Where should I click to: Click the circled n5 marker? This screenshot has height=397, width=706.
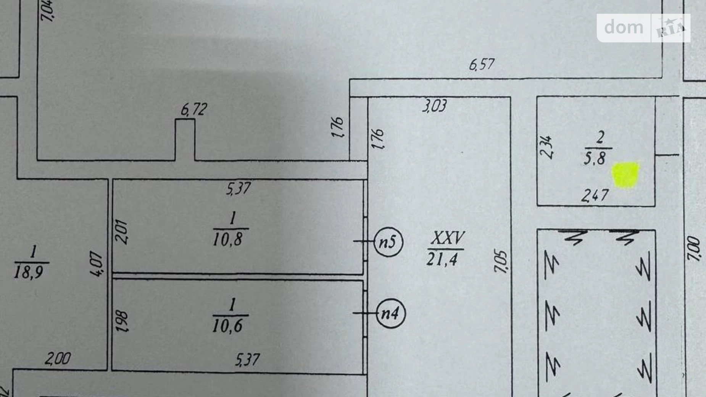(x=388, y=242)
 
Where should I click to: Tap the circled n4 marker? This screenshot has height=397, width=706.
(x=390, y=314)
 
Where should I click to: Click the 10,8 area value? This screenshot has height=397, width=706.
(x=228, y=239)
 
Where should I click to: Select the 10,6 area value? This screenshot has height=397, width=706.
(x=228, y=326)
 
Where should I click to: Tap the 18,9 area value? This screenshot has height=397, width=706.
(x=29, y=272)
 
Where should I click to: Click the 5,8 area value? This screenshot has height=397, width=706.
(x=595, y=158)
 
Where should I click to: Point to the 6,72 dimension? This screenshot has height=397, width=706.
(x=194, y=110)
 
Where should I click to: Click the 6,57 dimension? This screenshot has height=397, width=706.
(x=482, y=65)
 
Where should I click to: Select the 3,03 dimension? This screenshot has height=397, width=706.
(x=434, y=106)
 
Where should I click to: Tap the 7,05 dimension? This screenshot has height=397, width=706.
(x=501, y=262)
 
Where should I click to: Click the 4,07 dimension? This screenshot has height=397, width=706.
(x=97, y=264)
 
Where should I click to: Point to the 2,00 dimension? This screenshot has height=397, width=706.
(x=58, y=359)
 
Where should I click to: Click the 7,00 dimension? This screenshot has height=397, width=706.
(x=694, y=249)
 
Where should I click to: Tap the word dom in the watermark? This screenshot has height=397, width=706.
(x=624, y=27)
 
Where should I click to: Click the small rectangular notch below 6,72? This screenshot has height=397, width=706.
(x=185, y=140)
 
